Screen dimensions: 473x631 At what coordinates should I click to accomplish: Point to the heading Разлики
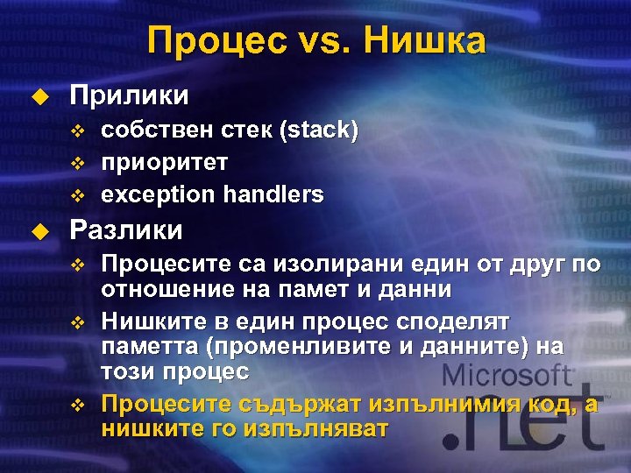pos(126,230)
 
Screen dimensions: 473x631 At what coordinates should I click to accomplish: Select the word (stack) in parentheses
pos(318,131)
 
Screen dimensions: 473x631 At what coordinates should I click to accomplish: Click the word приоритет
pos(165,163)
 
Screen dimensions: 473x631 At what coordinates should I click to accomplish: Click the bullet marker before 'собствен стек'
pos(77,132)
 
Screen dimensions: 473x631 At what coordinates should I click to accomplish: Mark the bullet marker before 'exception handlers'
pos(77,194)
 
